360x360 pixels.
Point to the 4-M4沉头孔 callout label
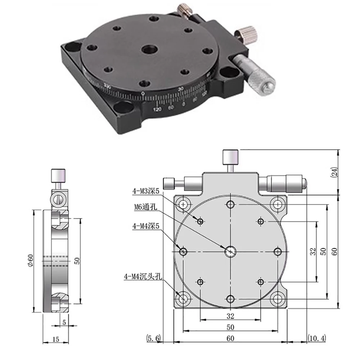pos(143,277)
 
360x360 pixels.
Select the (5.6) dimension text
pos(154,338)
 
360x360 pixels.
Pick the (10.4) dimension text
pos(318,338)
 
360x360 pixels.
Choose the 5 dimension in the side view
pos(64,323)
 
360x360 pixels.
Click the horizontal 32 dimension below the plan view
pos(230,316)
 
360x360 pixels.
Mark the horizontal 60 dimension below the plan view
pos(230,338)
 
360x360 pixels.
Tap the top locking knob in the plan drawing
pos(230,157)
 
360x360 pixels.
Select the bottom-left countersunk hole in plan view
pos(183,298)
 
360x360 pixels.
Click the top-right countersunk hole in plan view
pos(277,204)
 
